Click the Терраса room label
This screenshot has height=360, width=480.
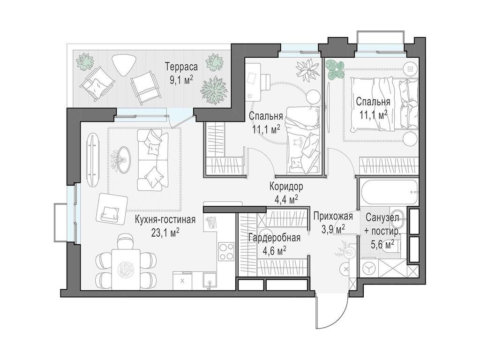tap(181, 67)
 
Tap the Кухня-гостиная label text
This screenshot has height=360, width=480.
tap(165, 220)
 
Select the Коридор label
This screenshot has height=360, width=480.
tap(286, 186)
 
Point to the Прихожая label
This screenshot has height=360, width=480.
tap(333, 217)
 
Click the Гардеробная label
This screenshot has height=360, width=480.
tap(274, 238)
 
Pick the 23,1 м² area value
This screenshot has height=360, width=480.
tap(165, 232)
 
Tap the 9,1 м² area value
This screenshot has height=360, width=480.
tap(181, 80)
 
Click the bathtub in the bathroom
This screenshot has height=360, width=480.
tap(389, 192)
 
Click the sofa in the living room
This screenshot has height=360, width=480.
tap(153, 159)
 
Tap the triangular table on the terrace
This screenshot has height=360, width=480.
tap(123, 65)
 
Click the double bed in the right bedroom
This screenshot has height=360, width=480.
tap(384, 105)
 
